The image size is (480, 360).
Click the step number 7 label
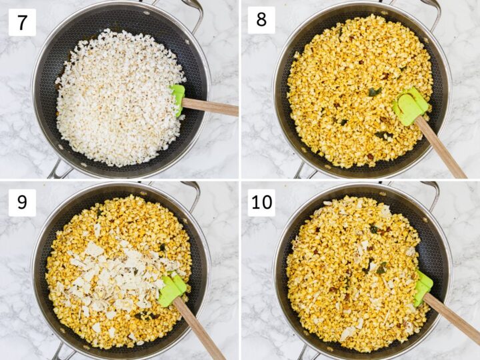22,22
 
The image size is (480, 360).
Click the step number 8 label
261,21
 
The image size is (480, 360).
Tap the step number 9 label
22,202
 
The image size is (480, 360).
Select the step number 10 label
261,202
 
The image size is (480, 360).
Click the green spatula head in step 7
177,99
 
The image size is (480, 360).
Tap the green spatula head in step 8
409,105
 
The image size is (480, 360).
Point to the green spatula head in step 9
171,289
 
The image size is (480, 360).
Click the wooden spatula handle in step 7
210,106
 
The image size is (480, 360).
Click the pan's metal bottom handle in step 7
60,170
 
